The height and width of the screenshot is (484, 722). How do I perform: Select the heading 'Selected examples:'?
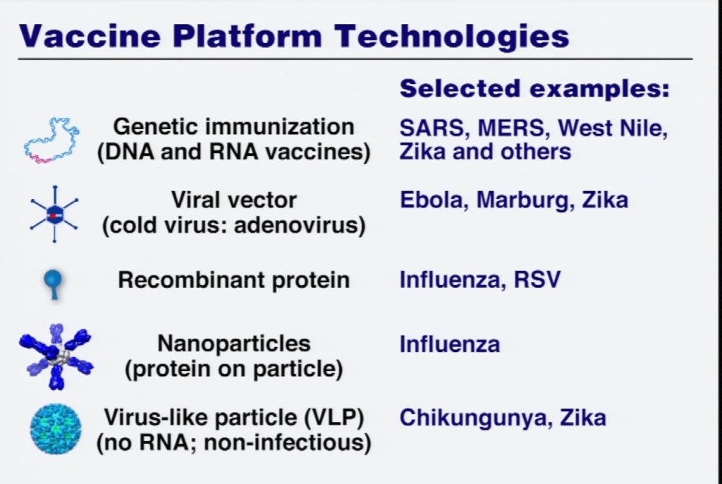coord(534,89)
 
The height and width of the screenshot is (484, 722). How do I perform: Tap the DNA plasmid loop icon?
coord(51,140)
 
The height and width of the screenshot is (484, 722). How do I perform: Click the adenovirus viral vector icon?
coord(54,214)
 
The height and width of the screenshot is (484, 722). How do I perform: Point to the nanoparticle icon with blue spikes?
coord(56,356)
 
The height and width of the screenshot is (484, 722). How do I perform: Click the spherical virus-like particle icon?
coord(56,429)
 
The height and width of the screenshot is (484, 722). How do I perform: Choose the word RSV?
coord(537,280)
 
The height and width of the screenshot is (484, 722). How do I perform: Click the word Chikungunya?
coord(475,418)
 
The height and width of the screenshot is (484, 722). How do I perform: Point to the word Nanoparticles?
coord(234,344)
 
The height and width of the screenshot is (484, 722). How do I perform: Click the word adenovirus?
coord(300,225)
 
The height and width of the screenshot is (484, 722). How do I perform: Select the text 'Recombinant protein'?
coord(234,280)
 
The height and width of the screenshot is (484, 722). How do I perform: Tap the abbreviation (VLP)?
coord(334,418)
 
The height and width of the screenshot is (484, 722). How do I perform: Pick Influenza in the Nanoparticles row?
coord(449,344)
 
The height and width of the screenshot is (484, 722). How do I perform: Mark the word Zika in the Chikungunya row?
coord(583,418)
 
